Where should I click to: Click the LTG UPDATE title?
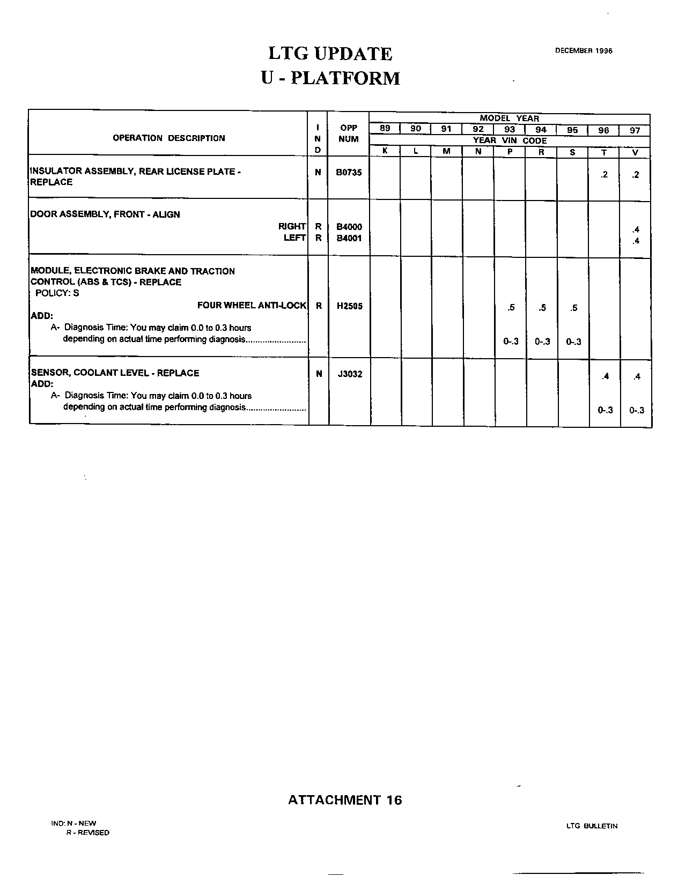pos(330,54)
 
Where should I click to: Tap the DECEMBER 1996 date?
pos(584,51)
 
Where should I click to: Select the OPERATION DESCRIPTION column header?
pos(169,138)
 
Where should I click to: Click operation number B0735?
pos(349,173)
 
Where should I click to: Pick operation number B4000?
pos(349,227)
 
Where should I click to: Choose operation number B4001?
pos(349,239)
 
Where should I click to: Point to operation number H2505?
pos(349,306)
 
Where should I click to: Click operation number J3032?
pos(350,374)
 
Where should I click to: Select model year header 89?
pos(385,129)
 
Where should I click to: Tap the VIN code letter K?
pos(385,152)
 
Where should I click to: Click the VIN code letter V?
pos(636,152)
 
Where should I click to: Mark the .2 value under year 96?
pos(605,175)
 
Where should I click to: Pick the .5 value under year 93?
pos(511,308)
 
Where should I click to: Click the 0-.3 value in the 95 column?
pos(573,342)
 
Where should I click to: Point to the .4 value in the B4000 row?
pos(636,229)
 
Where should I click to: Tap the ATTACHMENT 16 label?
pos(345,800)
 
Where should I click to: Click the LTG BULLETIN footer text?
pos(592,826)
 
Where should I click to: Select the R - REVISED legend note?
pos(87,833)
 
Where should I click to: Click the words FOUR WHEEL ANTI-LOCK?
pos(252,306)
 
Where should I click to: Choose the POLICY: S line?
pos(57,293)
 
